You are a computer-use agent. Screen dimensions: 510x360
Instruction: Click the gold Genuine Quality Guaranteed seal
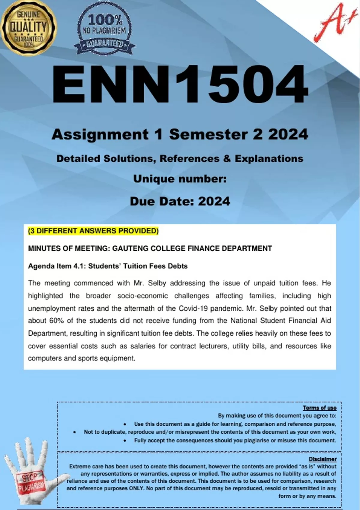tap(28, 28)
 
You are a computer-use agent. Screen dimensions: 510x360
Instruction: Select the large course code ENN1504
tap(180, 85)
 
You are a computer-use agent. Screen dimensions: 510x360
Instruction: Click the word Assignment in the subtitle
tap(100, 134)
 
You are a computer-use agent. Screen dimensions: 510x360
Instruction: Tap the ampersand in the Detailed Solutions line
tap(227, 158)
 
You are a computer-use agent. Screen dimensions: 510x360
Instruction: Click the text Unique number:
tap(180, 179)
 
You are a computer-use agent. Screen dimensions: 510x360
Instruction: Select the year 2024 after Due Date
tap(214, 201)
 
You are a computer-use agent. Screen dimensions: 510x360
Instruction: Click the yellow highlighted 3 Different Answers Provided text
tap(93, 231)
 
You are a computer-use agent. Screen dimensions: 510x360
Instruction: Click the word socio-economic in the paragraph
tap(142, 296)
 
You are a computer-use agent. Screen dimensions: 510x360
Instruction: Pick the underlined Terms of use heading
tap(319, 408)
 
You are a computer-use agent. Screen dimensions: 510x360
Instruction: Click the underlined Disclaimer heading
tap(322, 459)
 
